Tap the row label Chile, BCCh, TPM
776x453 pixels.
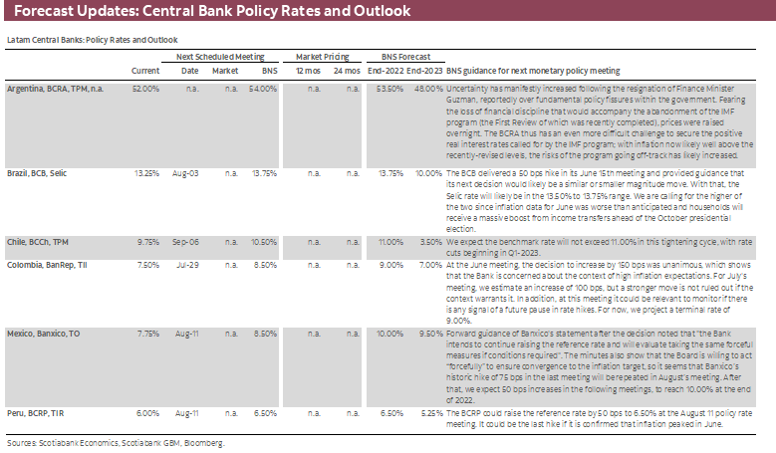(x=40, y=241)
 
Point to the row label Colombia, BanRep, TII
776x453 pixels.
(x=47, y=266)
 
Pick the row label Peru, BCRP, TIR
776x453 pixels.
(x=38, y=411)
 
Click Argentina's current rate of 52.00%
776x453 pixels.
(x=145, y=88)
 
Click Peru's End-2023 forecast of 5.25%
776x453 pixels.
(x=428, y=411)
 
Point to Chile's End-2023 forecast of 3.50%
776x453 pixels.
(x=428, y=241)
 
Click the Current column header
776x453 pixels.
(x=145, y=71)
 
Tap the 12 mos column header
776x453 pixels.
(x=308, y=71)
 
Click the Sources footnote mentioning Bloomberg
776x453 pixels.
(x=115, y=441)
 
